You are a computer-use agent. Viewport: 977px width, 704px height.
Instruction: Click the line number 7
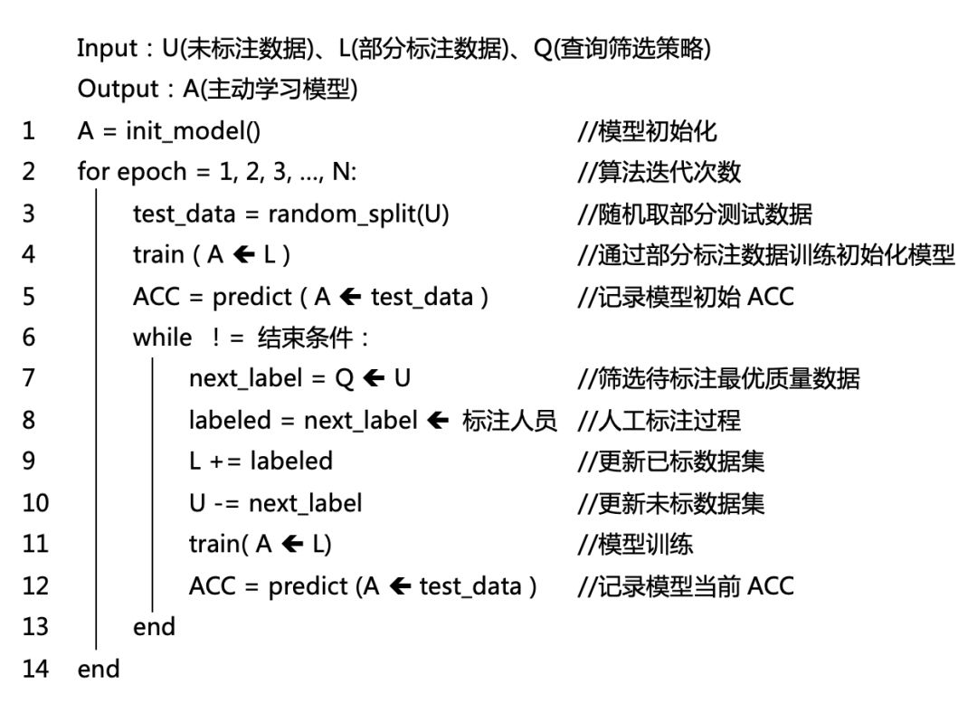[x=29, y=378]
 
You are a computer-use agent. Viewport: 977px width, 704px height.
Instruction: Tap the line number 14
[x=34, y=670]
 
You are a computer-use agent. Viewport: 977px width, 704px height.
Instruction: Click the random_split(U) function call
[x=358, y=214]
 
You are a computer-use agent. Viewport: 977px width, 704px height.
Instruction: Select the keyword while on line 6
[x=163, y=338]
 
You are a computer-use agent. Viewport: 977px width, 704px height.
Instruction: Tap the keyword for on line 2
[x=93, y=172]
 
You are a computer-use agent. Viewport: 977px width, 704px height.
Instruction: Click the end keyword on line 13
[x=154, y=627]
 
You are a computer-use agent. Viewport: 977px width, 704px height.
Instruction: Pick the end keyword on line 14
[x=99, y=670]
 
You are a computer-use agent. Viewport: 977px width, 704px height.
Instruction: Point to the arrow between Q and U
[x=374, y=378]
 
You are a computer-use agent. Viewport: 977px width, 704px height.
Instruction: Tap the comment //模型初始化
[x=647, y=131]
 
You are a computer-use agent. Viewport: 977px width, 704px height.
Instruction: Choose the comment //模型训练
[x=635, y=544]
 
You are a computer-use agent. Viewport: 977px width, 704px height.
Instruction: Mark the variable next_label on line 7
[x=243, y=378]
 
